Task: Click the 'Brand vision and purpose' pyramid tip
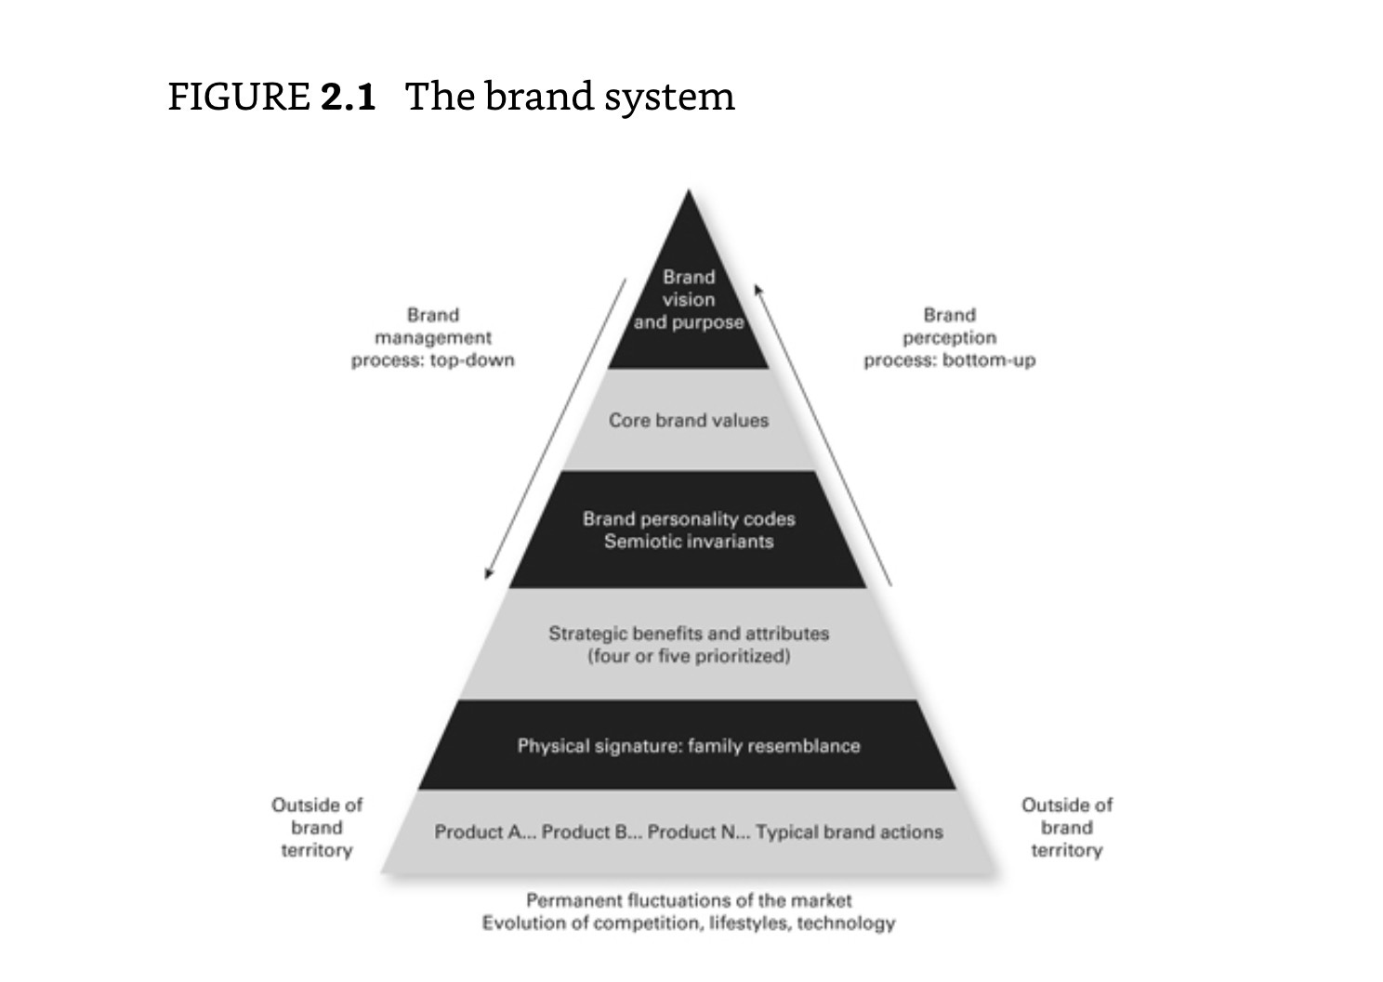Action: (x=689, y=299)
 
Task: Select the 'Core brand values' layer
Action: (x=689, y=420)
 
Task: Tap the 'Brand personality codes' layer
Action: (x=689, y=530)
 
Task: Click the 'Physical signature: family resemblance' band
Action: (x=689, y=745)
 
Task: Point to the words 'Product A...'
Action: (x=484, y=831)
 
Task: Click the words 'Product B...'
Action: (x=590, y=831)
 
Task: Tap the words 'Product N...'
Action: (x=697, y=831)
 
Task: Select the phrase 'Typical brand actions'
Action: (x=850, y=831)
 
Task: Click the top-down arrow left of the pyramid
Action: (x=556, y=427)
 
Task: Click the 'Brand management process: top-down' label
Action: (x=433, y=337)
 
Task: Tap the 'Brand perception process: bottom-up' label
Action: (x=949, y=337)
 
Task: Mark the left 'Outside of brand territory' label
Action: (x=317, y=827)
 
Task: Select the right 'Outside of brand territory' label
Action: (x=1066, y=827)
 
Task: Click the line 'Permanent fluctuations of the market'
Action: (x=689, y=899)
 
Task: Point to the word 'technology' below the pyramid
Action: (x=846, y=923)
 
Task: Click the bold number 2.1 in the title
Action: (x=349, y=97)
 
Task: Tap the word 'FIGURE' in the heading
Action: (x=239, y=97)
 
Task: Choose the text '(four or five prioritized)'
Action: (x=689, y=656)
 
